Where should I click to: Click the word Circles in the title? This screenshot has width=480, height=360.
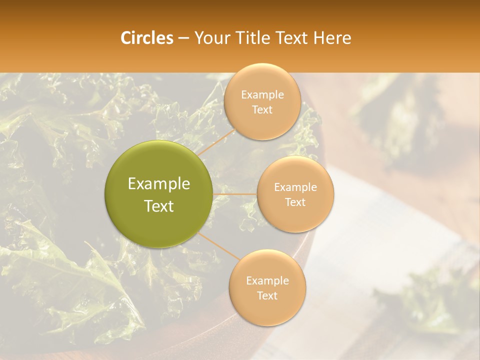pyautogui.click(x=146, y=38)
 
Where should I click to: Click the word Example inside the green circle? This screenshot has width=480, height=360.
pyautogui.click(x=159, y=184)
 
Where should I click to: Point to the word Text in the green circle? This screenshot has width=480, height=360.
pyautogui.click(x=159, y=205)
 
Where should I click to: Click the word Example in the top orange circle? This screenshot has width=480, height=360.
pyautogui.click(x=262, y=94)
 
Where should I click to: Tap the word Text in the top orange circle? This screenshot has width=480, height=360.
pyautogui.click(x=262, y=109)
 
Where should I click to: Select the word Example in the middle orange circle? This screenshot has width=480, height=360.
pyautogui.click(x=295, y=187)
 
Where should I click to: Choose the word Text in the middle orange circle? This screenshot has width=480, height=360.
pyautogui.click(x=295, y=202)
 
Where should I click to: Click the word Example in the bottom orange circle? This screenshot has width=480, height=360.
pyautogui.click(x=267, y=280)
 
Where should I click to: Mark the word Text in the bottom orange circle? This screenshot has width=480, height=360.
pyautogui.click(x=267, y=295)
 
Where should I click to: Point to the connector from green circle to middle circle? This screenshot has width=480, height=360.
pyautogui.click(x=235, y=194)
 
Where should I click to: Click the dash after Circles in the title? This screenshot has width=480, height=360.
pyautogui.click(x=183, y=38)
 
